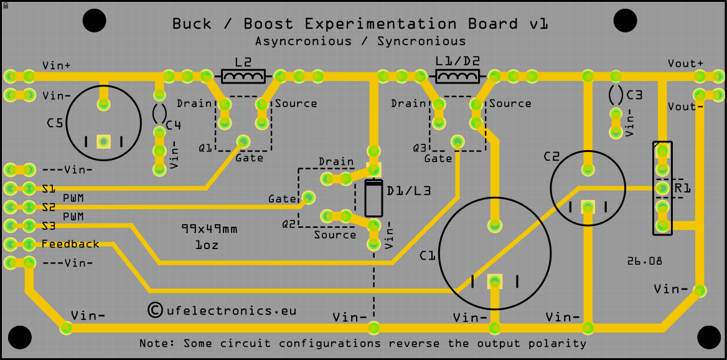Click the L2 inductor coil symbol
click(x=243, y=76)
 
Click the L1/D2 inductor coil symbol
click(x=457, y=76)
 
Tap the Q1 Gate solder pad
click(x=243, y=141)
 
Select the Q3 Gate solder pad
click(x=457, y=141)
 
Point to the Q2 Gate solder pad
click(x=308, y=197)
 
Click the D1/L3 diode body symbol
click(x=373, y=198)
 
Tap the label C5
click(x=55, y=124)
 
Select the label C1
click(x=428, y=255)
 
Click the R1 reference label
click(x=682, y=188)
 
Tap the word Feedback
click(x=70, y=244)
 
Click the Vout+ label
click(x=685, y=63)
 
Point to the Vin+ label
click(x=57, y=65)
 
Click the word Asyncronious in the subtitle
click(x=303, y=41)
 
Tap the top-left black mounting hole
click(x=95, y=21)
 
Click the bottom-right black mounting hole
click(x=709, y=338)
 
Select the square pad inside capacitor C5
click(x=103, y=141)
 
